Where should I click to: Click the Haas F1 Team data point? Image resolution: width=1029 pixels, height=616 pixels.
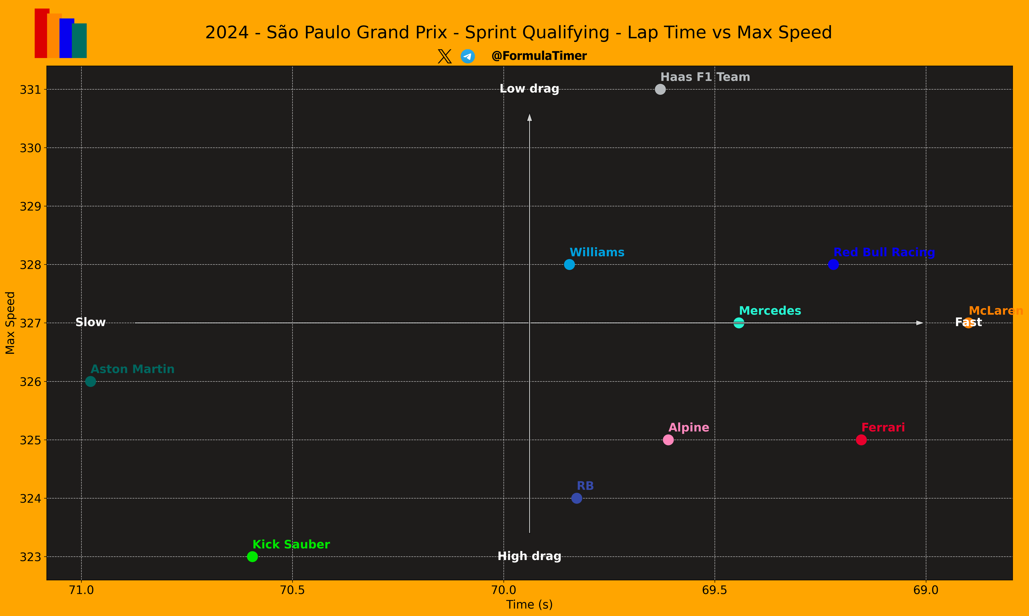pos(660,89)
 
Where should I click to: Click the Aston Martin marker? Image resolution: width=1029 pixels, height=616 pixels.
pos(90,382)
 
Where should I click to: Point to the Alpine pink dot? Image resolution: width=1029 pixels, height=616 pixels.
pos(668,440)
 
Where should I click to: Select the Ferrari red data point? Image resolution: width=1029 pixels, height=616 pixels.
pos(861,440)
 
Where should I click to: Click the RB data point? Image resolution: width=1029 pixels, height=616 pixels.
pos(577,498)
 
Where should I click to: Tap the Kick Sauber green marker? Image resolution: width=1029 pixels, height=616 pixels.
pos(252,557)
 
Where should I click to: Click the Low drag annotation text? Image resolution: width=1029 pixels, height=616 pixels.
pos(529,89)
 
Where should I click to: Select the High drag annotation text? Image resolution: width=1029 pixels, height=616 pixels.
pos(529,556)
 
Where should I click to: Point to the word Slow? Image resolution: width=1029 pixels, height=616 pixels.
pos(90,323)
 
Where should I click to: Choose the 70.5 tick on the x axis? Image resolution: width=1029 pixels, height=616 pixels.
pos(292,590)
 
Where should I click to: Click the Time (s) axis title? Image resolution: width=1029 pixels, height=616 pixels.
pos(529,605)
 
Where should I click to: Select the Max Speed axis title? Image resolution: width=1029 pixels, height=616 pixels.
pos(10,323)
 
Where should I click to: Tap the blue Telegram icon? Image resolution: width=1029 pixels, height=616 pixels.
pos(468,56)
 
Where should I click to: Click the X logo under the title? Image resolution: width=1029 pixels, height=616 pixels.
pos(444,56)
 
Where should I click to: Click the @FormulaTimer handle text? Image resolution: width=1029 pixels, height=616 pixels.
pos(539,56)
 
